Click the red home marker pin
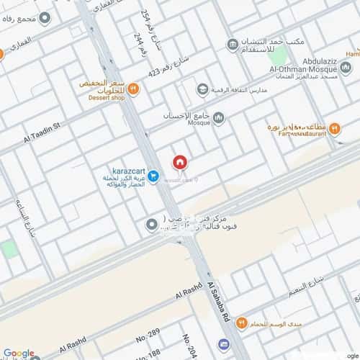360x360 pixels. (x=179, y=163)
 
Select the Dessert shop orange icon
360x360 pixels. (x=133, y=88)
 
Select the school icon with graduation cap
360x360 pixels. (x=202, y=89)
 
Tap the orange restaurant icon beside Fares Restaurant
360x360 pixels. (x=335, y=130)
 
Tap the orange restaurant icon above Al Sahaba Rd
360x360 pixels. (x=242, y=322)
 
